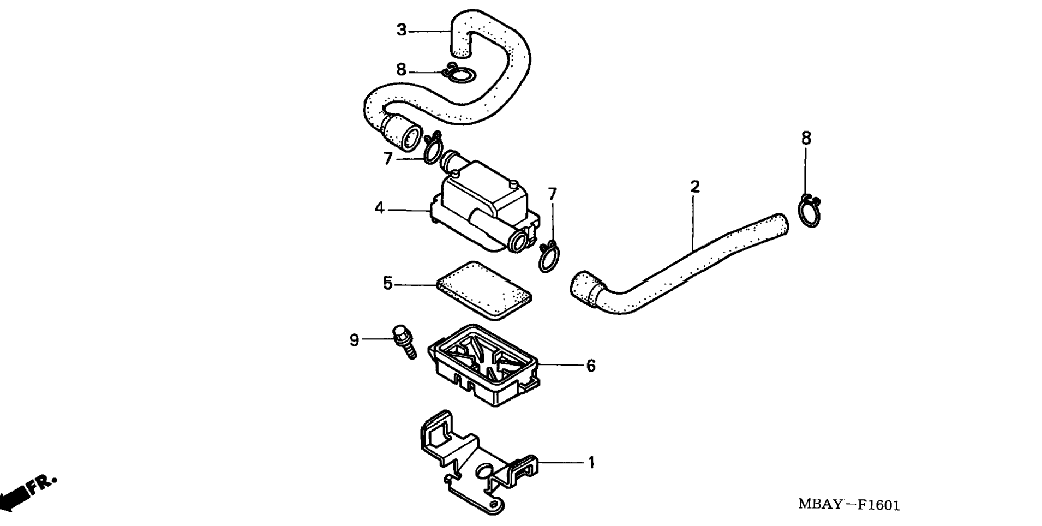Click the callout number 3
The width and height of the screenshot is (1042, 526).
(402, 30)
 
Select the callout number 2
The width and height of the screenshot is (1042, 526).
(694, 187)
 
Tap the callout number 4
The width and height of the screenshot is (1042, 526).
(380, 208)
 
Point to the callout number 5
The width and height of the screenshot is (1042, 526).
(388, 284)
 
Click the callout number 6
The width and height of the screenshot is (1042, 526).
(591, 366)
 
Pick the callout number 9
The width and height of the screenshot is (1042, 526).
(355, 340)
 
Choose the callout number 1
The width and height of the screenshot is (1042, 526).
(591, 463)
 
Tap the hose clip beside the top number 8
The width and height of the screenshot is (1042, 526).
(459, 74)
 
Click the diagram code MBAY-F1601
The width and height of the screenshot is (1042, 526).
(848, 505)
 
